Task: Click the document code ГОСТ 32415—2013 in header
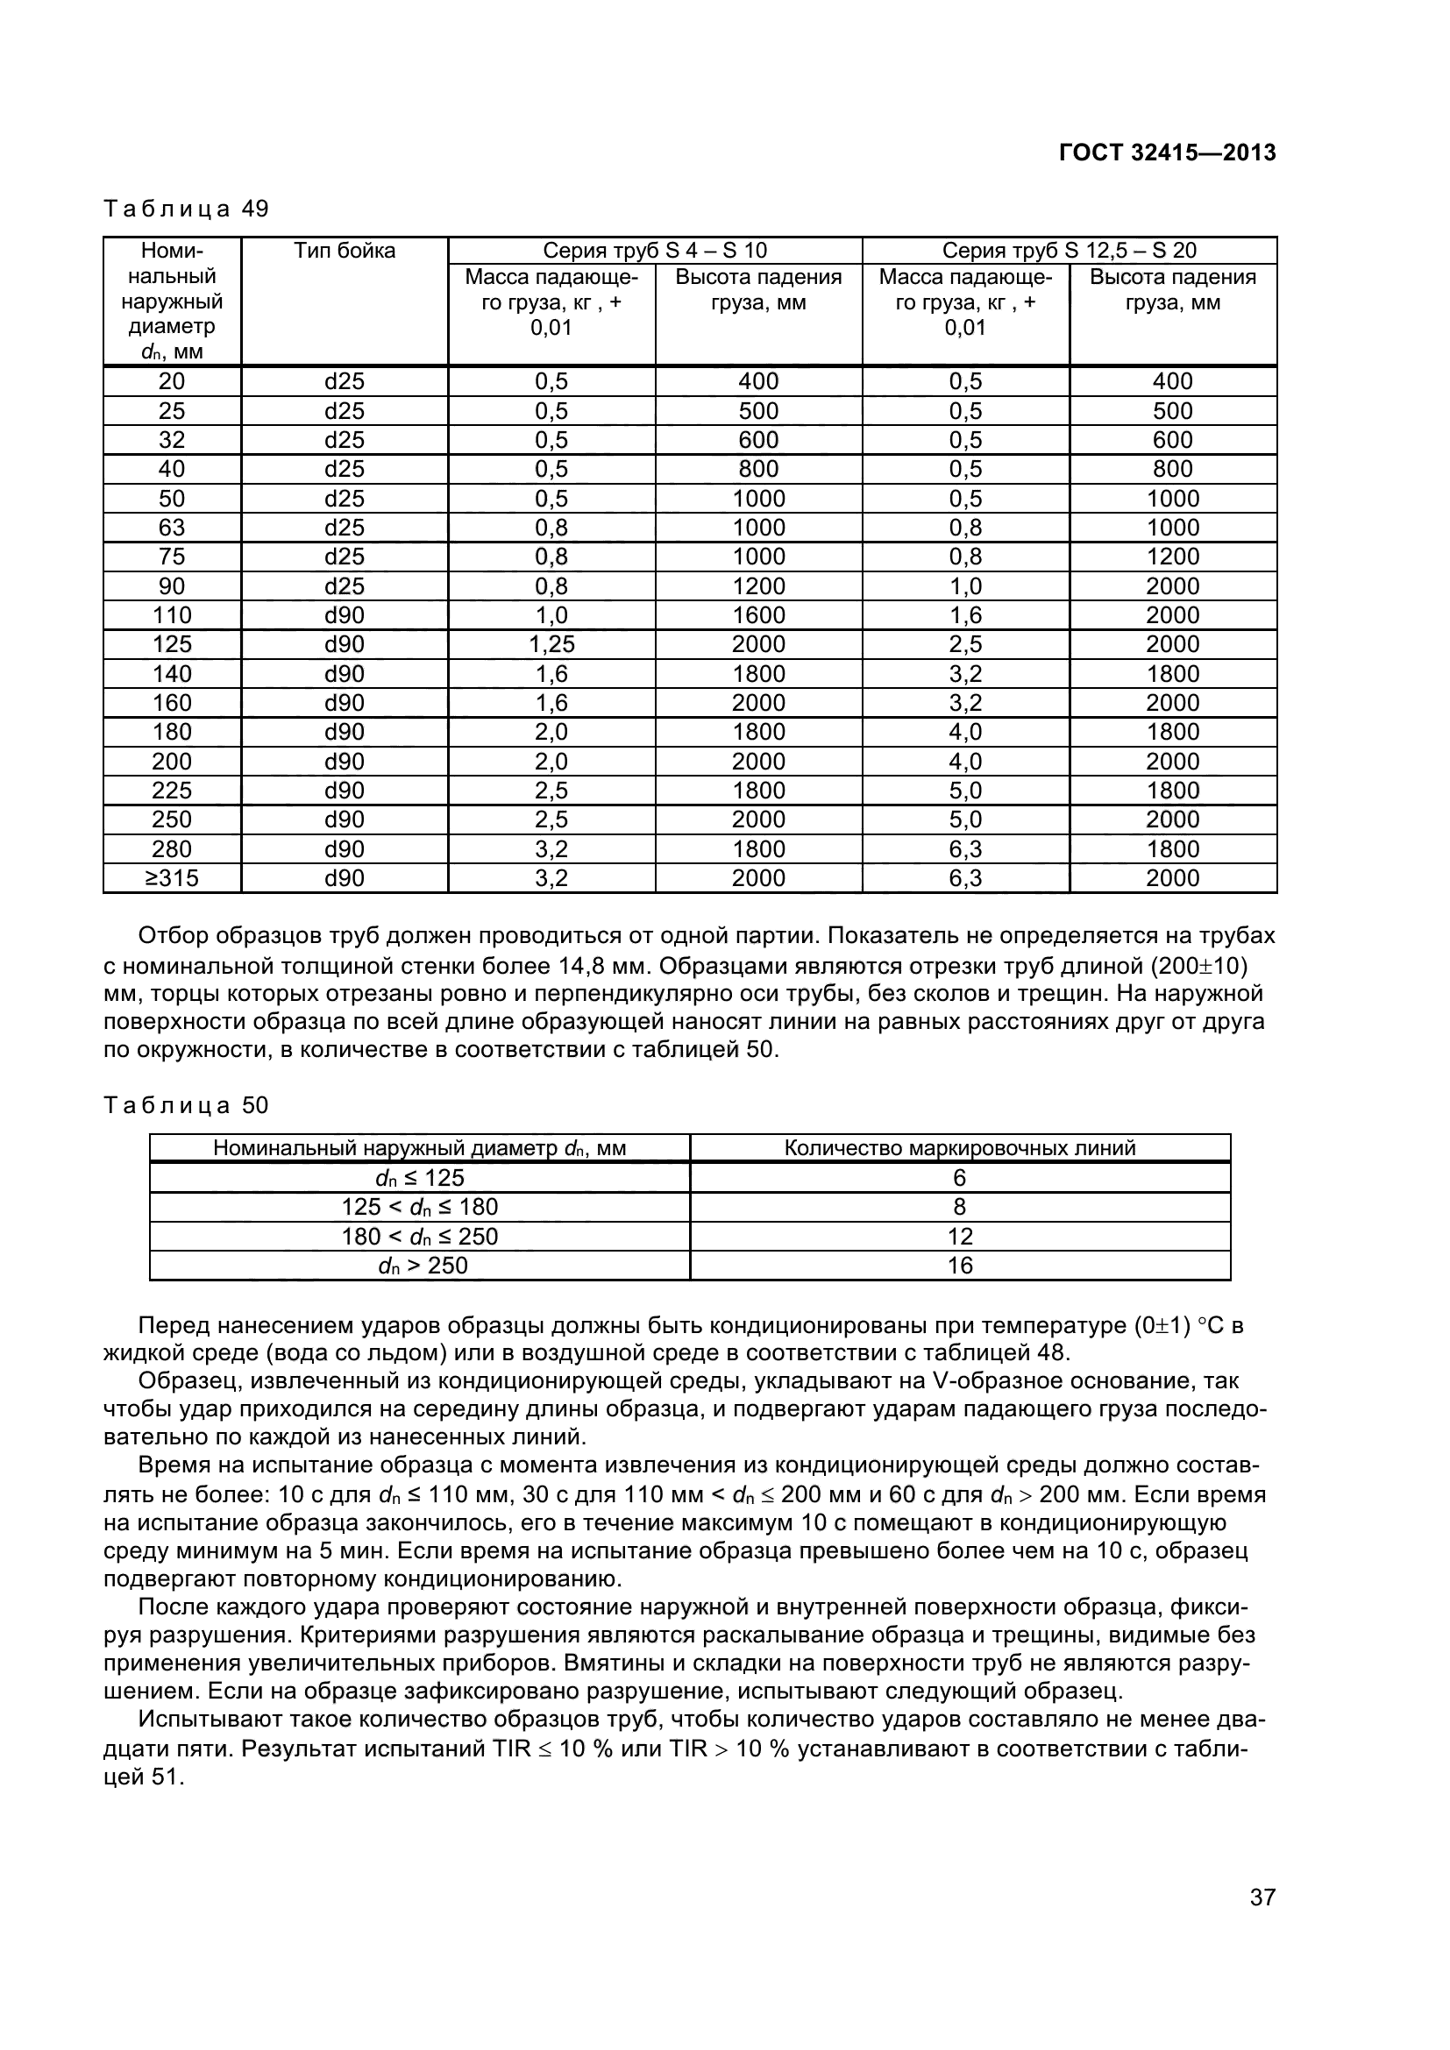point(1167,153)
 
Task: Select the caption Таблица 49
point(186,209)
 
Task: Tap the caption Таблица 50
point(186,1105)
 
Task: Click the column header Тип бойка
point(344,252)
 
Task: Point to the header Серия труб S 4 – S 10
point(655,251)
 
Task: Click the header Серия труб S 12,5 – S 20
point(1069,251)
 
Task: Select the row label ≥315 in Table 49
point(172,878)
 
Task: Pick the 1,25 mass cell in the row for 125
point(551,645)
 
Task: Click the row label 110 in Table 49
point(172,615)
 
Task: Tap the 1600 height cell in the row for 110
point(758,615)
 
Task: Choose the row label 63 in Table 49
point(172,528)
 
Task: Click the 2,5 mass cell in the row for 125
point(965,645)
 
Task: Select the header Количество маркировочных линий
point(960,1148)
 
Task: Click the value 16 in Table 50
point(960,1266)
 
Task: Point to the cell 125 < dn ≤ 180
point(420,1207)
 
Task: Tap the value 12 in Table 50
point(960,1237)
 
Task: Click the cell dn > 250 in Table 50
point(420,1266)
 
